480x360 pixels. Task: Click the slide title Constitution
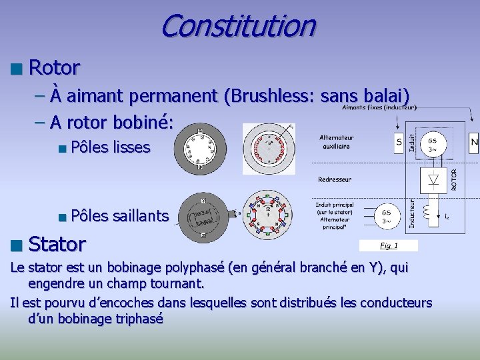click(237, 27)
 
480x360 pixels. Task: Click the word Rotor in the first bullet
click(55, 67)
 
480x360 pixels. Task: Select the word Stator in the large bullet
click(57, 244)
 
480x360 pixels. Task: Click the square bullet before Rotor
click(16, 68)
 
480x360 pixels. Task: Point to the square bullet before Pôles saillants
click(61, 216)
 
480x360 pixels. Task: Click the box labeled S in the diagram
click(399, 141)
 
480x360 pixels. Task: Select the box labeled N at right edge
click(474, 141)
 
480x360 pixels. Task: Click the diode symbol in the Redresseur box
click(433, 179)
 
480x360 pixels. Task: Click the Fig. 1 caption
click(389, 246)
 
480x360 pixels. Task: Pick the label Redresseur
click(335, 179)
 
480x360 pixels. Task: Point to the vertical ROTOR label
click(455, 178)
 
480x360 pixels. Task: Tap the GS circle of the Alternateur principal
click(387, 216)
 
